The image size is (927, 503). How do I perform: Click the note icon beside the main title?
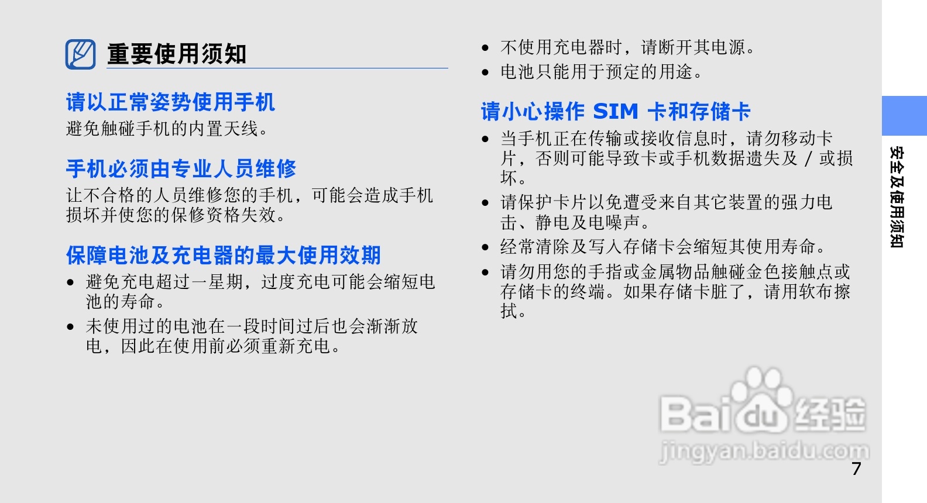(80, 54)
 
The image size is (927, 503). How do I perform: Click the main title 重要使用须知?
(177, 54)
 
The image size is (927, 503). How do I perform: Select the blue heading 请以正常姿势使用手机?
(170, 102)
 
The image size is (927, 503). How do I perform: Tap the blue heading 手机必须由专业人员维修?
(181, 169)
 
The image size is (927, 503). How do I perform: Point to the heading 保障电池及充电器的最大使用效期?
(223, 255)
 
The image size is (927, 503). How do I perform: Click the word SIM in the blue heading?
(616, 111)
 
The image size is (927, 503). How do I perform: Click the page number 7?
(856, 468)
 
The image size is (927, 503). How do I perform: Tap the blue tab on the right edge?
(904, 116)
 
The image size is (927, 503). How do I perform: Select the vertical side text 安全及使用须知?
(897, 197)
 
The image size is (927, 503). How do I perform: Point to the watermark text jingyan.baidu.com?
(764, 452)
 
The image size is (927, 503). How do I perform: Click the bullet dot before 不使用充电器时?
(485, 48)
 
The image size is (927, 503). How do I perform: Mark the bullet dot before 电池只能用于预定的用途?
(485, 73)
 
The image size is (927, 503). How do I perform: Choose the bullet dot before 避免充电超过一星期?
(70, 283)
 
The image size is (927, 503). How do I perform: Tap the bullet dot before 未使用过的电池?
(70, 327)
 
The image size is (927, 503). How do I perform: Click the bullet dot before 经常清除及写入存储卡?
(485, 248)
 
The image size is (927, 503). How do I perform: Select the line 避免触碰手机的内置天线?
(167, 129)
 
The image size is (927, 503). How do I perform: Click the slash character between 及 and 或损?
(808, 159)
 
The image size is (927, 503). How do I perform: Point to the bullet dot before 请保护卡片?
(485, 203)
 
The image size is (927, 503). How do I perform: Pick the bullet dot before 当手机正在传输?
(485, 139)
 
